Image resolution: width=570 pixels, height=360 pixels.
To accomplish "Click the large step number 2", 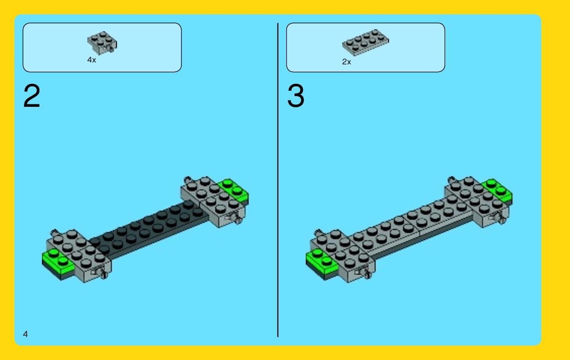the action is (x=32, y=96).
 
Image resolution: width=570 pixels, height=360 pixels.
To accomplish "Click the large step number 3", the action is (x=295, y=96).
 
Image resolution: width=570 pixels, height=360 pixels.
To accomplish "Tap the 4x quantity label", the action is (x=92, y=60).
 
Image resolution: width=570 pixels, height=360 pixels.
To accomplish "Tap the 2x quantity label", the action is (x=346, y=62).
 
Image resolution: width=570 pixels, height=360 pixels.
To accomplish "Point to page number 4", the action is (x=25, y=334).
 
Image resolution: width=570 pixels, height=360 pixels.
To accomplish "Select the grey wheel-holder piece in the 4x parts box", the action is (x=102, y=42).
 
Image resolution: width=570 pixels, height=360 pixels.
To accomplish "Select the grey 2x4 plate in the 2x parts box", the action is (x=365, y=42).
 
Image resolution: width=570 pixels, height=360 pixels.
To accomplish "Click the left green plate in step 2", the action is (x=58, y=263).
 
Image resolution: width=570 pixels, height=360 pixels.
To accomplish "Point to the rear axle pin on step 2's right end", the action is (x=188, y=180).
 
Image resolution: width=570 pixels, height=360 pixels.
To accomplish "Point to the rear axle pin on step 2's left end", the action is (x=55, y=232).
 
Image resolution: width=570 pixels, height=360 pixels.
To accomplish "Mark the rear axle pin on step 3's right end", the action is (x=452, y=180).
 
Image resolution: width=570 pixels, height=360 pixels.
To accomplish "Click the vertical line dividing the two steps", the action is (x=278, y=180).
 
